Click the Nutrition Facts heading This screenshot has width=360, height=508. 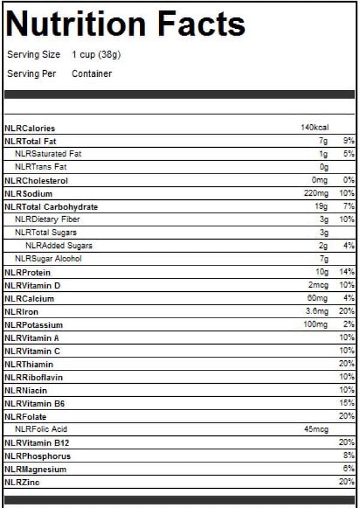tap(125, 24)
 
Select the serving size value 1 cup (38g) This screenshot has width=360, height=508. tap(97, 55)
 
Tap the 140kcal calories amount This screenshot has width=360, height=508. tap(314, 128)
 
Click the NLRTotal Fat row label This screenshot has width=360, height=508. tap(30, 141)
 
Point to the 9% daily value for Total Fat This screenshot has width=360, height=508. tap(349, 141)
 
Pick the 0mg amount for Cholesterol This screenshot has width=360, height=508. tap(319, 181)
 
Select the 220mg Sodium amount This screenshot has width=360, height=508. tap(316, 194)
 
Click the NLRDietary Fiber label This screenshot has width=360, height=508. tap(47, 220)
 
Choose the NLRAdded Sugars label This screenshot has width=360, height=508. tap(59, 246)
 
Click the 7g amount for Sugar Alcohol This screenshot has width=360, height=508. tap(323, 259)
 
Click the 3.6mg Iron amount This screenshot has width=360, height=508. tap(317, 312)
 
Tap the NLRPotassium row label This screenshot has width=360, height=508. tap(34, 325)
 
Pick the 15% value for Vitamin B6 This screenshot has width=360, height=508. tap(347, 404)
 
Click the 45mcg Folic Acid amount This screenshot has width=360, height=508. tap(316, 429)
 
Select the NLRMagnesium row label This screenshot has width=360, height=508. tap(35, 469)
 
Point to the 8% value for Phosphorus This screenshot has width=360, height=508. tap(349, 456)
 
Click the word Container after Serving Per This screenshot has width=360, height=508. tap(92, 74)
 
